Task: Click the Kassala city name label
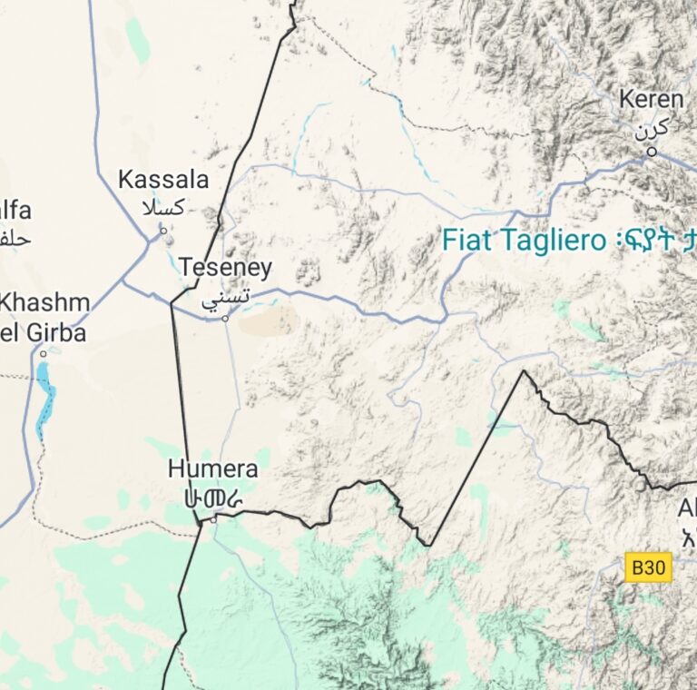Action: tap(164, 179)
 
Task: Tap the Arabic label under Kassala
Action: tap(163, 207)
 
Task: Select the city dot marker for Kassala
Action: tap(163, 231)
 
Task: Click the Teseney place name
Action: tap(225, 268)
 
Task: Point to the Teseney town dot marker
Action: tap(225, 319)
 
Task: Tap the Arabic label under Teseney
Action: tap(225, 297)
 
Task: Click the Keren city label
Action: tap(651, 99)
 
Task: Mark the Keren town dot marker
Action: tap(651, 152)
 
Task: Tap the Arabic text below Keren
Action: tap(651, 128)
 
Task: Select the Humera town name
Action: tap(212, 469)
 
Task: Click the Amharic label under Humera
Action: tap(212, 498)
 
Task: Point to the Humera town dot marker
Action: tap(213, 520)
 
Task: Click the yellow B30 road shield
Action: tap(649, 568)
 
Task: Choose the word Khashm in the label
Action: tap(45, 302)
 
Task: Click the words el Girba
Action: tap(43, 332)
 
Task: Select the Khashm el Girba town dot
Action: tap(43, 354)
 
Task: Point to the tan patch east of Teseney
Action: tap(271, 320)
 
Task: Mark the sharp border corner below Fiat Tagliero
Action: tap(524, 371)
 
